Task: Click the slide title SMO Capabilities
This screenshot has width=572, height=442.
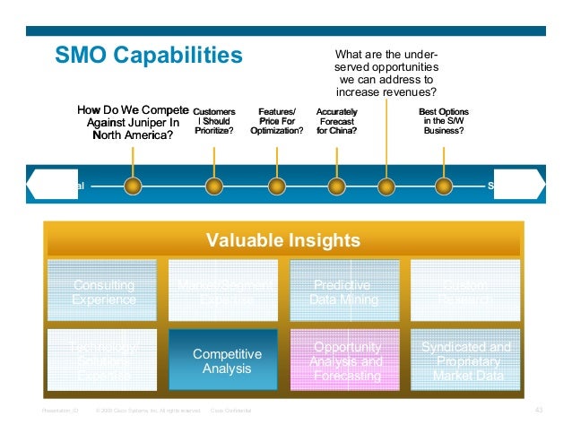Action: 149,56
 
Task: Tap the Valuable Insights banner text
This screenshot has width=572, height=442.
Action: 283,240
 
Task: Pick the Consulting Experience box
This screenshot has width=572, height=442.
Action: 104,292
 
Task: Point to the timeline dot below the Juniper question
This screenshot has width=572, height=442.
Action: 134,186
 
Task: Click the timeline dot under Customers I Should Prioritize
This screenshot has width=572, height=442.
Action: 213,186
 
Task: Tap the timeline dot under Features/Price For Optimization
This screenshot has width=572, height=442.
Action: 277,186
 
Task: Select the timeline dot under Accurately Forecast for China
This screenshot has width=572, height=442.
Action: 337,186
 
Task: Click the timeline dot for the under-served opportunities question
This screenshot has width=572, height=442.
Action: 386,186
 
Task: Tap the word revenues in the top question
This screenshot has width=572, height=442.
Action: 413,92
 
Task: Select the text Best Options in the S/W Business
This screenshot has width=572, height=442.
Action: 443,121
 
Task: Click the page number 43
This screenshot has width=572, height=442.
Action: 539,410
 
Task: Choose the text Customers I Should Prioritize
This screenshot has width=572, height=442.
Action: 213,121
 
